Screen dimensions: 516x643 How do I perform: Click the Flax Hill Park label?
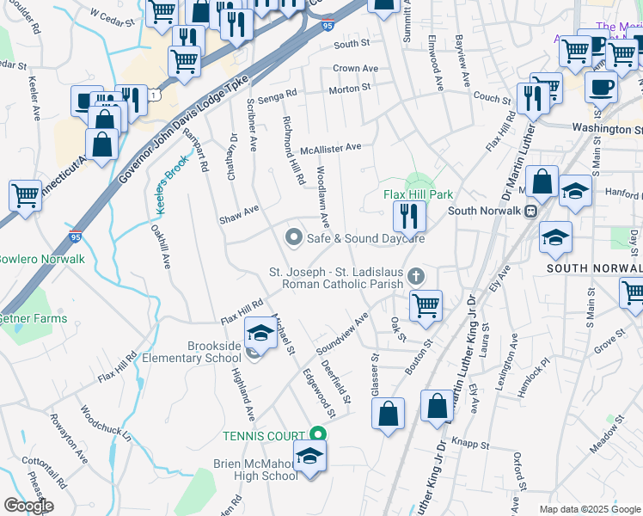coord(418,194)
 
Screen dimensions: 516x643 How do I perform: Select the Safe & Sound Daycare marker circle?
coord(294,236)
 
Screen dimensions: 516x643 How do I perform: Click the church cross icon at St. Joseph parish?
coord(416,275)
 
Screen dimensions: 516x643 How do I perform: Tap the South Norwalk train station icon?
coord(531,211)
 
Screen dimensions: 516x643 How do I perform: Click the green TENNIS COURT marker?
coord(318,436)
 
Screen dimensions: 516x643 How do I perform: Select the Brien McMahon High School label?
coord(255,470)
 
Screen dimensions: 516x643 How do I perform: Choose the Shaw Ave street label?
coord(239,209)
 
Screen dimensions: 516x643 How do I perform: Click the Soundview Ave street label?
coord(341,334)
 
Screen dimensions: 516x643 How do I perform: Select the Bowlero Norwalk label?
coord(41,259)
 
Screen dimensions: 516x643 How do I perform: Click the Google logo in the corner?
coord(28,506)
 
